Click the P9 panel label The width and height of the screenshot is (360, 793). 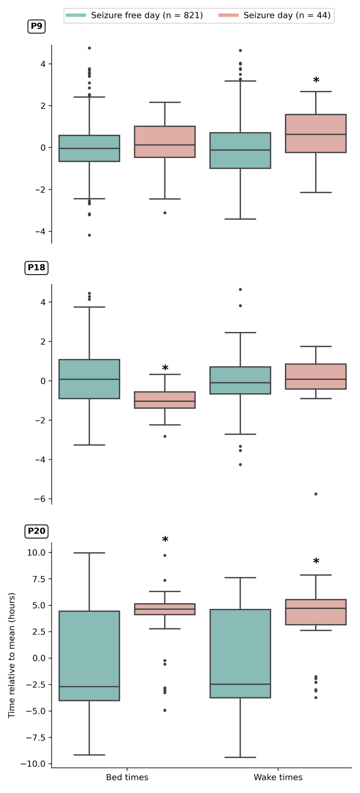coord(36,26)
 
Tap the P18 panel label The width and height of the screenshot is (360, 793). coord(36,267)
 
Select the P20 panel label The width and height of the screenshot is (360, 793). coord(36,531)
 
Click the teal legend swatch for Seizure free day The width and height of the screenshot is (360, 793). coord(76,15)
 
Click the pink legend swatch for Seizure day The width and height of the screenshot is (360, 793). coord(228,15)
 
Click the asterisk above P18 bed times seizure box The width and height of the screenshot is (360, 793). coord(165,368)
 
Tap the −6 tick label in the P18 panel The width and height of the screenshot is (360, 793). coord(39,499)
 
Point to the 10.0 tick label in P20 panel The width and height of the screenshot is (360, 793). coord(36,553)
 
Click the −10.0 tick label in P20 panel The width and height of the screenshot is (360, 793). coord(33,764)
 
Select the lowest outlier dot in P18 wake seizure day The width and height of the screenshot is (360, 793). coord(316,494)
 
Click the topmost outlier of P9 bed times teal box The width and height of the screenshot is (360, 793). coord(89,48)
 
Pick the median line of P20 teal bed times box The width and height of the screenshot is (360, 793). coord(89,686)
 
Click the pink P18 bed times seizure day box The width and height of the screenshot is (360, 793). coord(165,400)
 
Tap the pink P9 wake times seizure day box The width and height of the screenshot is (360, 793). coord(316,133)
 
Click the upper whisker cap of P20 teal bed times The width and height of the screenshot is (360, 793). coord(89,553)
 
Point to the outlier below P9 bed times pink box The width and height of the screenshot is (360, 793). coord(165,213)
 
